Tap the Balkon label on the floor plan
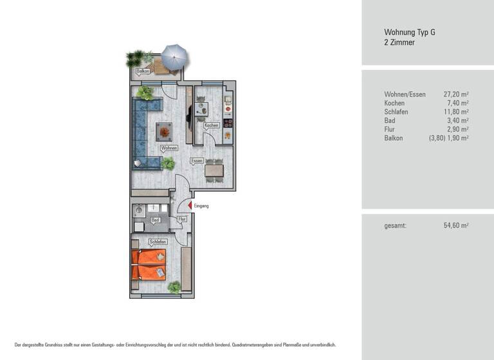143,71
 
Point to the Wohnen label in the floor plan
169,148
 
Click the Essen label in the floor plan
197,160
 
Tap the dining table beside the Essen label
214,171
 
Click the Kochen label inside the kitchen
212,125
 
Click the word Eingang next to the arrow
200,206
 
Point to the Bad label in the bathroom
154,220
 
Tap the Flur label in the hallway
182,219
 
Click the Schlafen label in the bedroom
158,242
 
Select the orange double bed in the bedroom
149,265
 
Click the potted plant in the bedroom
174,287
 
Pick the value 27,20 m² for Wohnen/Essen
455,94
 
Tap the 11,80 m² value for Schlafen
455,112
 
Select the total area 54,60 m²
455,226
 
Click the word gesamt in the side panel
396,226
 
